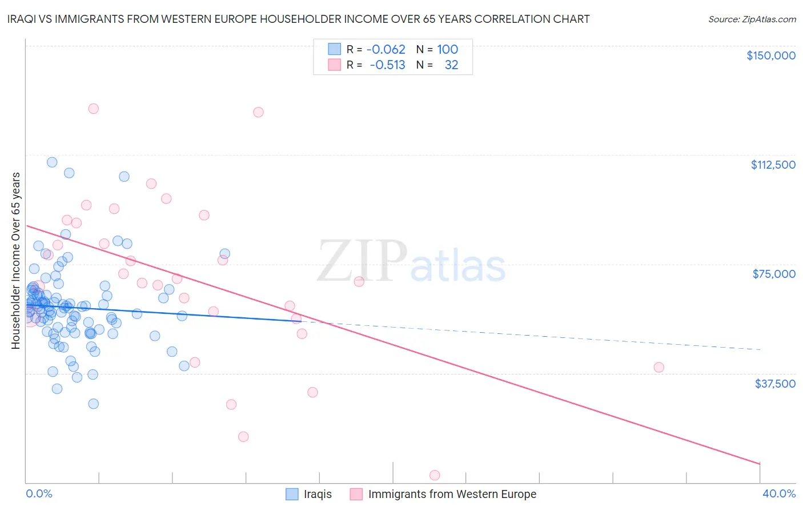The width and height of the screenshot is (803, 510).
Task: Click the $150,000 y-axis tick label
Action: [770, 55]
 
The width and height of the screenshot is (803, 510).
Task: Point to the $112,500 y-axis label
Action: [773, 165]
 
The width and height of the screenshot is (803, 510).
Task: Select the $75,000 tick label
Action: [774, 274]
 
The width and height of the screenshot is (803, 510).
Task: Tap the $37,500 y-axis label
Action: [775, 384]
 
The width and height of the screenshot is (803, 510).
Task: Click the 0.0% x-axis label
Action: [39, 493]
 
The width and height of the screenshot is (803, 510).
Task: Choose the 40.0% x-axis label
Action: [778, 493]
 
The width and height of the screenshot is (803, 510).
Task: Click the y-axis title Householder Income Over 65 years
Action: [16, 261]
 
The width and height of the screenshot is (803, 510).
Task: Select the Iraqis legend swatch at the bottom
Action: [292, 494]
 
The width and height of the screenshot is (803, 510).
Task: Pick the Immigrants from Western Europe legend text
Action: [452, 494]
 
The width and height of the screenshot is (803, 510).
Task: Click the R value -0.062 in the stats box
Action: [386, 50]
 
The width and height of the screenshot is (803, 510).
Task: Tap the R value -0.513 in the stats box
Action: [387, 65]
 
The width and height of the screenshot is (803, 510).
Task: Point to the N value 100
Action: [447, 50]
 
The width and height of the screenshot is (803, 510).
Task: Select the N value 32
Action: [451, 65]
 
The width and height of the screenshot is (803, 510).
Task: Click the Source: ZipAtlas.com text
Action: [752, 19]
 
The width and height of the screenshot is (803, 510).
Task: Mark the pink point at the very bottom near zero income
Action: [435, 475]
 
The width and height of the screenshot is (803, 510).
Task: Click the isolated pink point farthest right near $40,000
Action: [659, 367]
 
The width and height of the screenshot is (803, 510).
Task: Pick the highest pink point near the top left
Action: [94, 109]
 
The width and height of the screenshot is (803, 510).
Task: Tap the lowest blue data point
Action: [93, 404]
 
